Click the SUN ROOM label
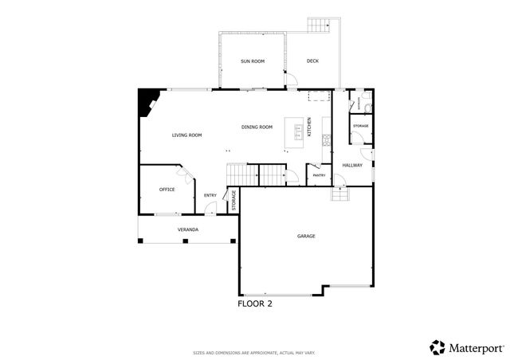click(253, 61)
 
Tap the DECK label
click(312, 61)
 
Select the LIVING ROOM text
click(186, 135)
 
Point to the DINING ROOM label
click(257, 127)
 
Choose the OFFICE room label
click(167, 190)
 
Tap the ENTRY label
click(210, 195)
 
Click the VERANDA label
click(187, 229)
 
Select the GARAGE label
click(307, 236)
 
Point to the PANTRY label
click(319, 175)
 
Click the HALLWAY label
click(352, 165)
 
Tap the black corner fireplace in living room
click(147, 101)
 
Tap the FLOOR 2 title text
click(255, 303)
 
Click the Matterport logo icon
click(437, 346)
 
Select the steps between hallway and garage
click(339, 194)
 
